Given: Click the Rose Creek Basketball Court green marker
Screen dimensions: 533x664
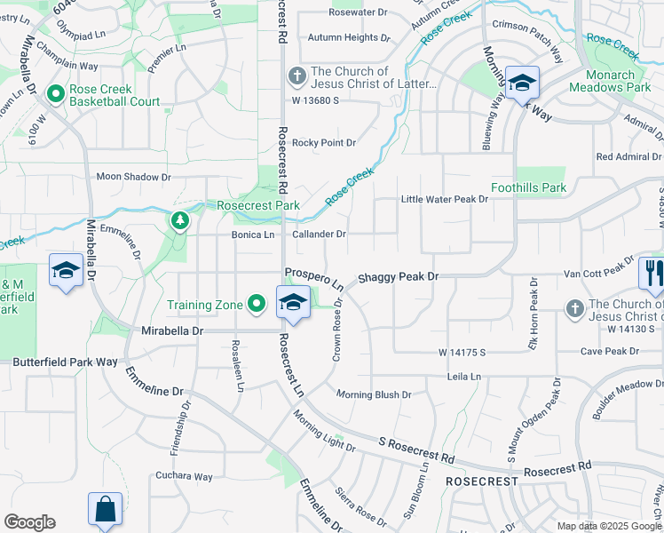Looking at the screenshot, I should coord(55,93).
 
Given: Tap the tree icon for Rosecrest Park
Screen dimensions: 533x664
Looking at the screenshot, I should coord(180,219).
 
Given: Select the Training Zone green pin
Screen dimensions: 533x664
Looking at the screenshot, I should coord(257,305).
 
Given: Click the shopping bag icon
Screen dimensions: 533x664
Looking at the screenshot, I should coord(105,510).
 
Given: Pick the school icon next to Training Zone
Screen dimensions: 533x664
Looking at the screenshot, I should coord(292,302).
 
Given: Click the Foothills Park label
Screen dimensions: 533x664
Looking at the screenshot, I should coord(528,188).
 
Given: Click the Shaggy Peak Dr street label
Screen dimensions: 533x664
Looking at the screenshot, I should coord(399,277).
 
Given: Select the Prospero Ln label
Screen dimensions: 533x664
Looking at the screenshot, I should coord(314,278).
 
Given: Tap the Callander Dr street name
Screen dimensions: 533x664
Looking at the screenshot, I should coord(319,235).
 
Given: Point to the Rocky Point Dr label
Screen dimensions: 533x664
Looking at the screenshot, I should coord(324,142).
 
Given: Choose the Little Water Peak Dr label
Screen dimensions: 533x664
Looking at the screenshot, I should coord(445,199).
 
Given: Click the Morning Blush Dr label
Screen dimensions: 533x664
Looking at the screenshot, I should coord(374,394).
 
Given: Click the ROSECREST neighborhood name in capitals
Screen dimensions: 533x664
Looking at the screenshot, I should coord(482,481).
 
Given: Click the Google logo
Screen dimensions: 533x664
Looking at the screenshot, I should coord(29,522).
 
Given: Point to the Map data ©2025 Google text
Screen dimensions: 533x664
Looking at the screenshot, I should coord(609,526).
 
